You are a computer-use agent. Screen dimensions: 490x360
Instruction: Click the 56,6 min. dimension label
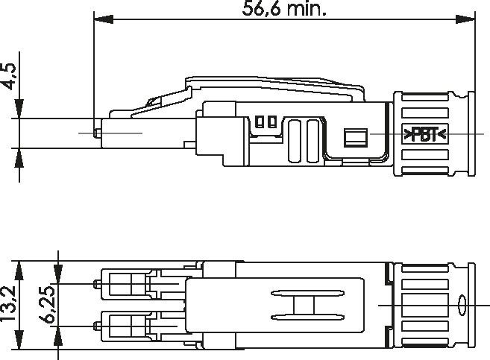pyautogui.click(x=284, y=9)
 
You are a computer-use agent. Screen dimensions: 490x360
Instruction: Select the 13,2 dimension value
pyautogui.click(x=8, y=303)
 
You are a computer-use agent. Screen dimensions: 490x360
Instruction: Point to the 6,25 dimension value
pyautogui.click(x=47, y=304)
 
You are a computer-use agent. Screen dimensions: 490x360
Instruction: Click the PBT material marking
pyautogui.click(x=425, y=135)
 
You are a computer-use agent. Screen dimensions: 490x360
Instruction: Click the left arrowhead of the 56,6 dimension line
pyautogui.click(x=104, y=19)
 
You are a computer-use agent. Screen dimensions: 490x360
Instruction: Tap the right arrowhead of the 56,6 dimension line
pyautogui.click(x=465, y=19)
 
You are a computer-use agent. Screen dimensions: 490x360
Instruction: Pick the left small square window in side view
pyautogui.click(x=260, y=121)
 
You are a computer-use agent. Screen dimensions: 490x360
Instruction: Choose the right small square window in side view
pyautogui.click(x=272, y=121)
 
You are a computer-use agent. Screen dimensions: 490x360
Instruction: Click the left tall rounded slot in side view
pyautogui.click(x=295, y=141)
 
